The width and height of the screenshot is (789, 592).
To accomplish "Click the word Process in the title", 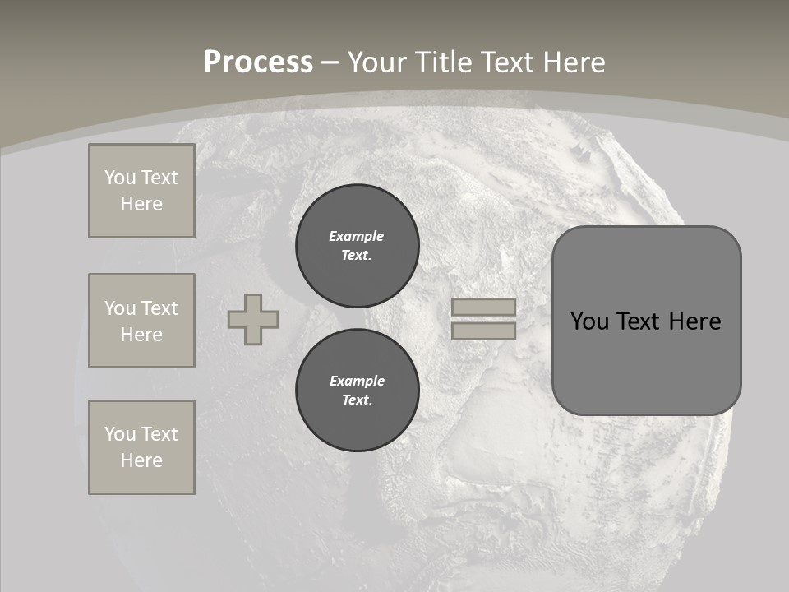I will (x=258, y=62).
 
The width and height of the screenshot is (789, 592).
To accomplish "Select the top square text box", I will (x=141, y=191).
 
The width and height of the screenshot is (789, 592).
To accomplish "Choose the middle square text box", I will (x=141, y=321).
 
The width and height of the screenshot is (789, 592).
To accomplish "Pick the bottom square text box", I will (x=141, y=447).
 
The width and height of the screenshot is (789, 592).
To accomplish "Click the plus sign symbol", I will (x=253, y=319).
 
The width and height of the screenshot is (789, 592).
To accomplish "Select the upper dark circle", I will (x=357, y=246).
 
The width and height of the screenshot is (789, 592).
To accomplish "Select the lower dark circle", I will (x=357, y=391).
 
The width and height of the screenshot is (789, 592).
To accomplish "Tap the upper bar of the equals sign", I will (x=483, y=307).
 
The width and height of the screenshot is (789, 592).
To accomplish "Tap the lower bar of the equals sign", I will (x=483, y=331).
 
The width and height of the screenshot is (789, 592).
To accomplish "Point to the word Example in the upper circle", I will (x=357, y=236).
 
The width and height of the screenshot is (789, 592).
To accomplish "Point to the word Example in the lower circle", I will (x=357, y=381).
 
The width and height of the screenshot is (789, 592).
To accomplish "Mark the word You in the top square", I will (x=119, y=178).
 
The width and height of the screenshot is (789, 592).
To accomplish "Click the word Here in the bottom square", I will (x=141, y=460).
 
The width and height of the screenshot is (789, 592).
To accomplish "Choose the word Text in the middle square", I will (x=159, y=308).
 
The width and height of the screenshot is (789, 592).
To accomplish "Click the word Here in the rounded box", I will (x=694, y=321).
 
